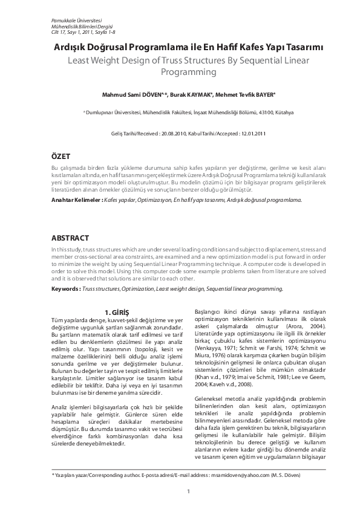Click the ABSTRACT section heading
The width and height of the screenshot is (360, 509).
pos(70,238)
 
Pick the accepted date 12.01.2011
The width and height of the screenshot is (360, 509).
pos(254,132)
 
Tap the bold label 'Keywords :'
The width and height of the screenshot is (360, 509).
pos(66,289)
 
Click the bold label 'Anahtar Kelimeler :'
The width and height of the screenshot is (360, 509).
pos(76,198)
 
